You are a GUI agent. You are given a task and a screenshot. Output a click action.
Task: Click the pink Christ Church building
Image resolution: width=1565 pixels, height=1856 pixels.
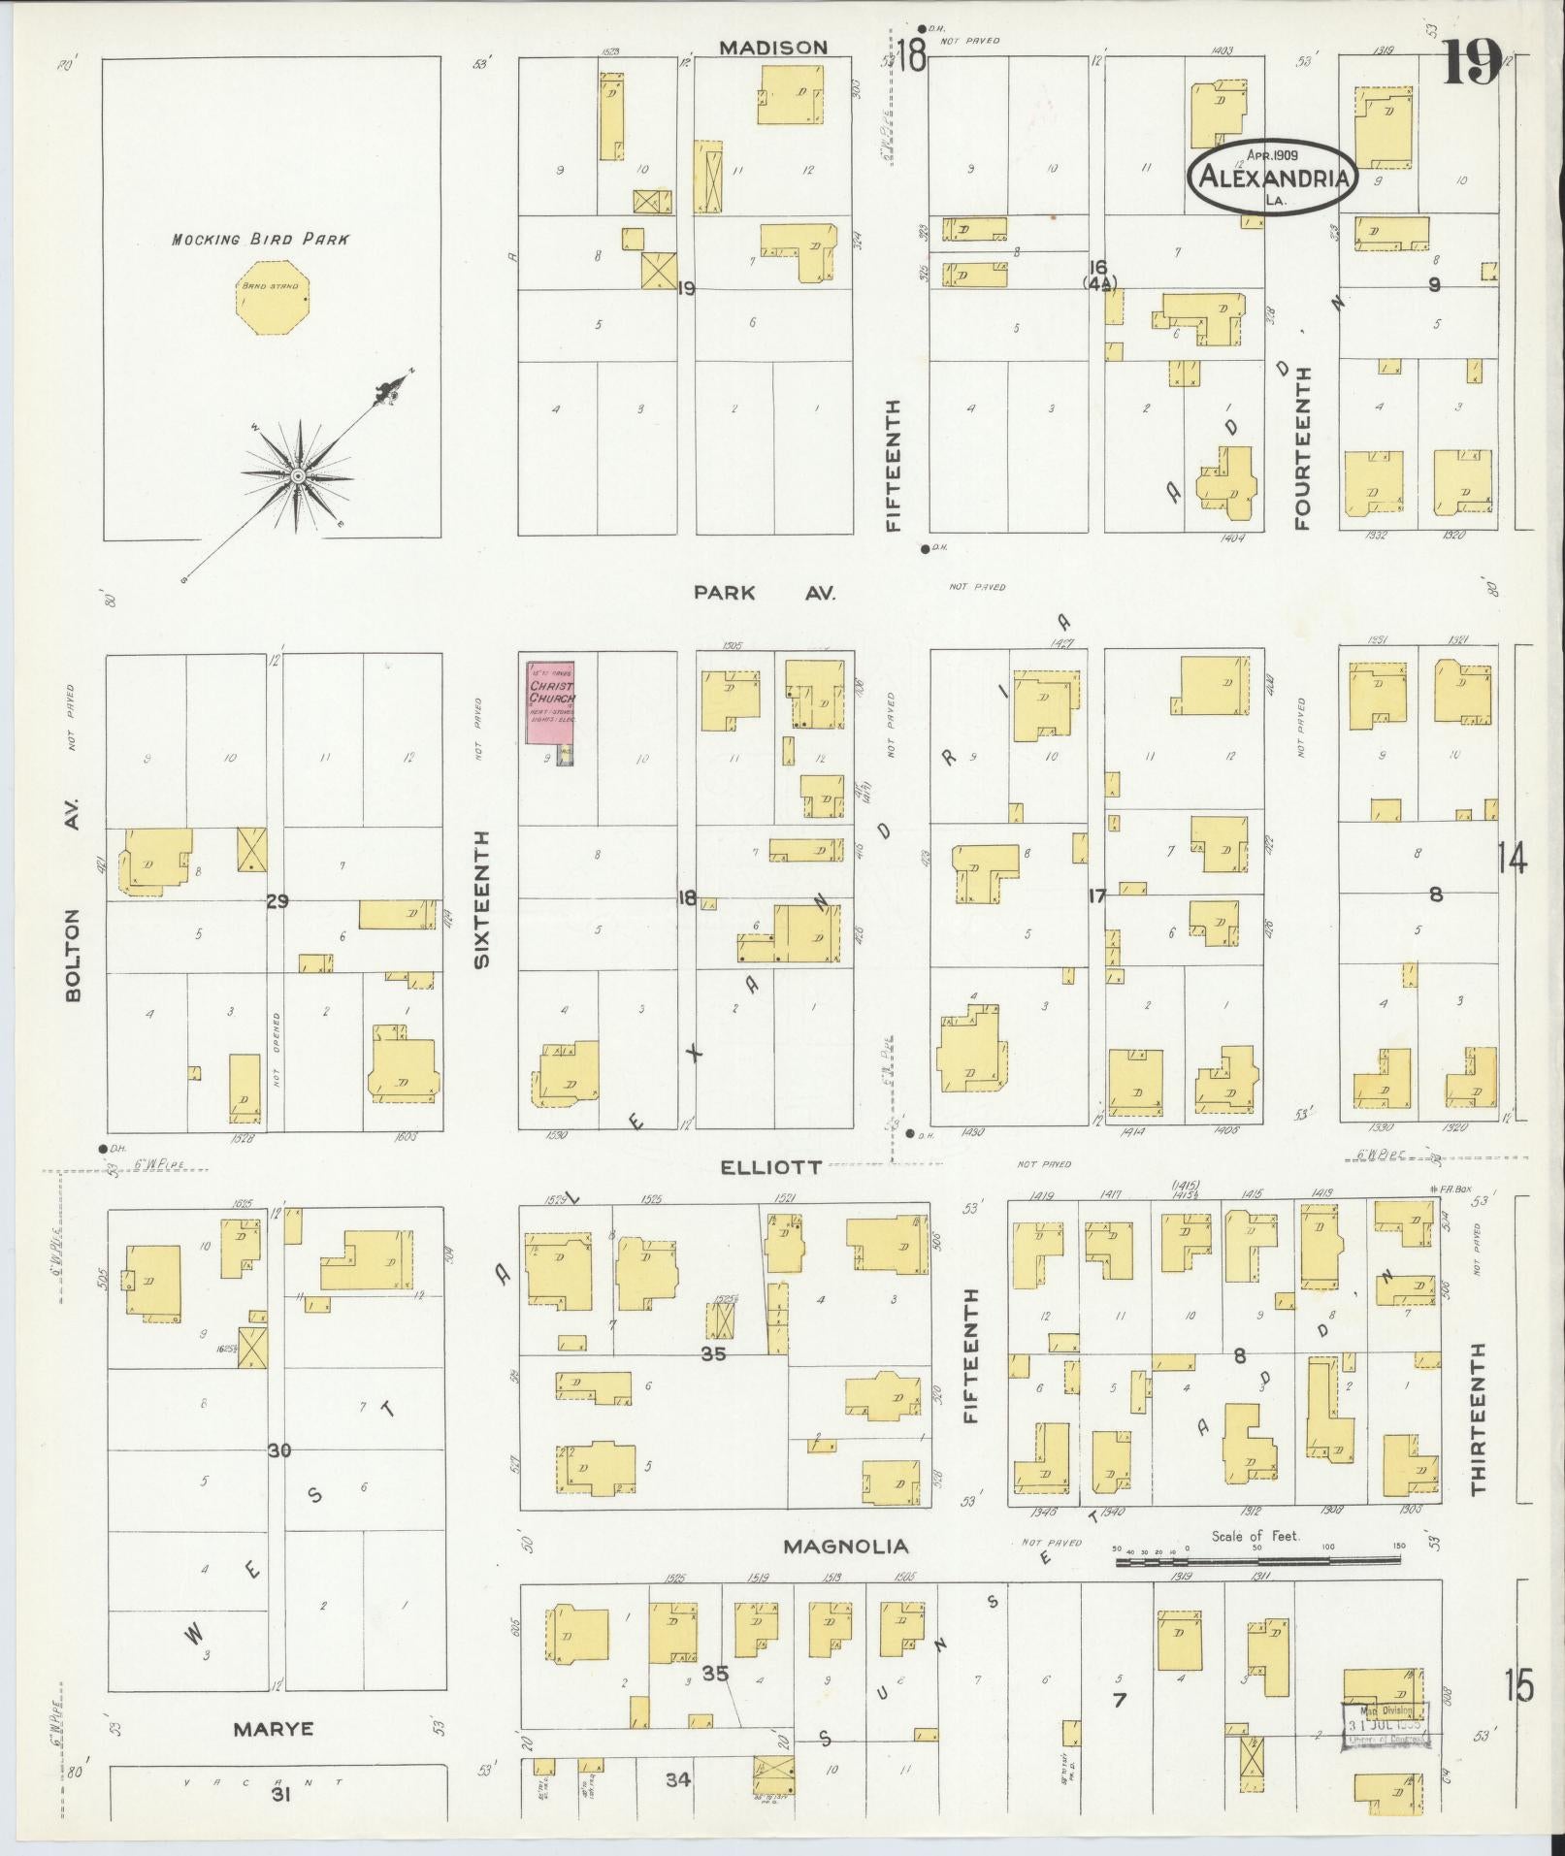(550, 702)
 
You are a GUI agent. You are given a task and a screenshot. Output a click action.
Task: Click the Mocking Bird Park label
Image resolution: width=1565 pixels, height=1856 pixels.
(260, 239)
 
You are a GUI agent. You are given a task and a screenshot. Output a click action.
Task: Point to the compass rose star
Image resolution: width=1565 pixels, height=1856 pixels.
(298, 477)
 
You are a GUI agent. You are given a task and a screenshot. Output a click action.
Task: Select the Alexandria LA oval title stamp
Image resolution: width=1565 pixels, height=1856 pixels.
(1273, 177)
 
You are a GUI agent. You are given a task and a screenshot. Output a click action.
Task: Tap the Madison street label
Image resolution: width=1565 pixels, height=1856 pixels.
(773, 48)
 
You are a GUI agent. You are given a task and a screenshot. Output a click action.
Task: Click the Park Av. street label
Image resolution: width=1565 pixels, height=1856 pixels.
(765, 593)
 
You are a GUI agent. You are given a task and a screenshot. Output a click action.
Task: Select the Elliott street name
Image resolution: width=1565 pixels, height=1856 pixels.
(771, 1167)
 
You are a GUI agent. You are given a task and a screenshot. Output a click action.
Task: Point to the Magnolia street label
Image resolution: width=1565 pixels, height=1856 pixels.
(847, 1547)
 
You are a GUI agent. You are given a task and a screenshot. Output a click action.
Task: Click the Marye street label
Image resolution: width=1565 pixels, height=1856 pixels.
(274, 1729)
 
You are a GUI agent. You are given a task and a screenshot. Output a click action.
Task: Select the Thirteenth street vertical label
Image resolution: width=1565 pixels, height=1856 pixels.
(1478, 1418)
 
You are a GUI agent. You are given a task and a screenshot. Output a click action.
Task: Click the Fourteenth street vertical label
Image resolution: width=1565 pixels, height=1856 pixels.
(1301, 447)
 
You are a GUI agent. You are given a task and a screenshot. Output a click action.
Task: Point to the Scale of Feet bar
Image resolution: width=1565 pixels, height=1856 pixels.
(1257, 1561)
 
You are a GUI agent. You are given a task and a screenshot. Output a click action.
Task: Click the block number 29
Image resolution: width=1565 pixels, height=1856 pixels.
(277, 901)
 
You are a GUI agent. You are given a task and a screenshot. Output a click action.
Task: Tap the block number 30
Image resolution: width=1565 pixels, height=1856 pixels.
(279, 1450)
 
